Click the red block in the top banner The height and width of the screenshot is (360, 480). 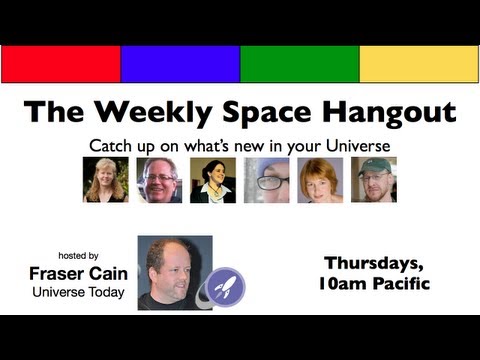tap(60, 63)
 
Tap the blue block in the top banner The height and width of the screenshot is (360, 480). tap(180, 63)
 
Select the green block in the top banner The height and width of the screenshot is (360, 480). tap(299, 63)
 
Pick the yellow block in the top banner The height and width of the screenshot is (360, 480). tap(418, 63)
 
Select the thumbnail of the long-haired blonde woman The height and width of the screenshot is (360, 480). tap(105, 180)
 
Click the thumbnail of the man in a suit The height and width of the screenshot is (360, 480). tap(159, 180)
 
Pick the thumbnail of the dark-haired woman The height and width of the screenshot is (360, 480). tap(213, 180)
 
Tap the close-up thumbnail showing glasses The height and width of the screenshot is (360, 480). tap(266, 180)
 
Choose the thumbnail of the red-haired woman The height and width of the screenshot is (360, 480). tap(320, 180)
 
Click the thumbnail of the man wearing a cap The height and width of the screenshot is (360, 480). tap(374, 180)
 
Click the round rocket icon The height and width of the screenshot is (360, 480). tap(225, 287)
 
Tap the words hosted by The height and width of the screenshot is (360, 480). tap(79, 255)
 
